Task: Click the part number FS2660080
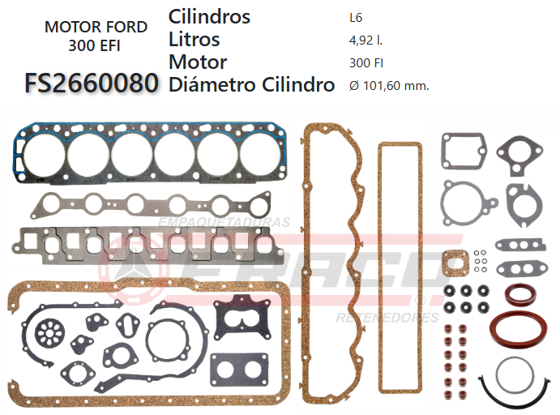pyautogui.click(x=92, y=83)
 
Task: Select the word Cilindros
pyautogui.click(x=209, y=16)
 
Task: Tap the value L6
pyautogui.click(x=354, y=17)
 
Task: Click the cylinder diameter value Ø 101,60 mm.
pyautogui.click(x=387, y=84)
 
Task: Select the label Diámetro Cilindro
pyautogui.click(x=251, y=84)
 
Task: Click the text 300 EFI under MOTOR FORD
pyautogui.click(x=95, y=45)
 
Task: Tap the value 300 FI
pyautogui.click(x=365, y=62)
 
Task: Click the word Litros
pyautogui.click(x=194, y=39)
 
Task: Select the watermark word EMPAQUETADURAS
pyautogui.click(x=224, y=221)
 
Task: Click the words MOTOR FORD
pyautogui.click(x=96, y=27)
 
